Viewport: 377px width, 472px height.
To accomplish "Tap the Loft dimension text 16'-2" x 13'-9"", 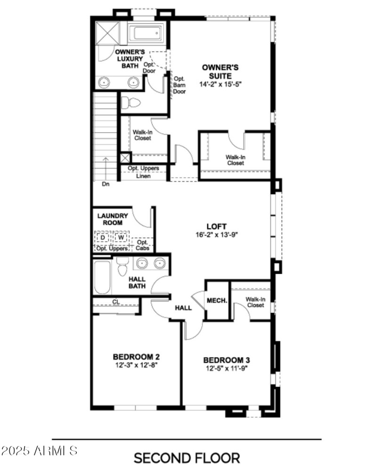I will (x=217, y=235).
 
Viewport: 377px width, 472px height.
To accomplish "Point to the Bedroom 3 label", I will (x=224, y=360).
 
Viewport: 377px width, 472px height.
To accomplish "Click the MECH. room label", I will (x=217, y=301).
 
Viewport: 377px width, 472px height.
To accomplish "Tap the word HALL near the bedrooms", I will (x=183, y=308).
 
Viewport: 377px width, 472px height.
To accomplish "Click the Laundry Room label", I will (x=113, y=219).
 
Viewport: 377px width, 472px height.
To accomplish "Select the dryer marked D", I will (x=102, y=237).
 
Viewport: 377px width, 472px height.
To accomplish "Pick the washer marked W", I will (x=121, y=237).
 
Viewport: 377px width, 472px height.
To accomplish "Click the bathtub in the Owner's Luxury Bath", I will (x=146, y=33).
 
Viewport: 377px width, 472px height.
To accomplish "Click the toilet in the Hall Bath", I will (x=123, y=267).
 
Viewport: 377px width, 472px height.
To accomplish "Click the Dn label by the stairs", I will (x=106, y=185).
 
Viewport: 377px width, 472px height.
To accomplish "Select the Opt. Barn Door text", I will (x=180, y=85).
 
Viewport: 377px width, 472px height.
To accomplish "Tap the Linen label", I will (x=143, y=176).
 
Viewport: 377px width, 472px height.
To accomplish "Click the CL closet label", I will (x=115, y=301).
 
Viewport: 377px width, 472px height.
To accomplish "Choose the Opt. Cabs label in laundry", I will (x=142, y=245).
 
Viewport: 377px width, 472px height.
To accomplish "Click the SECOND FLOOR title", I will (x=187, y=457).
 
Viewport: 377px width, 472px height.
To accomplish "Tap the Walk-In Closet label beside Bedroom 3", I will (x=254, y=302).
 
